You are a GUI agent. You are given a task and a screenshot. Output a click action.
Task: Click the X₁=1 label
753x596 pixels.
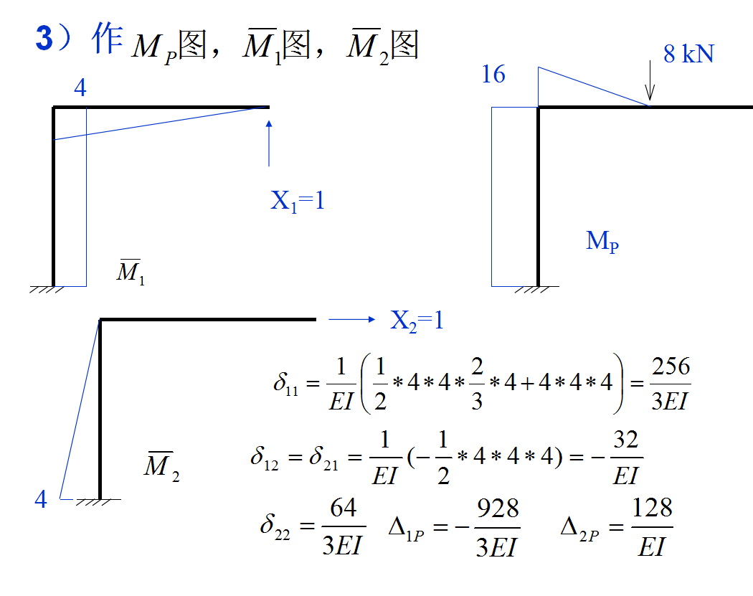click(x=298, y=201)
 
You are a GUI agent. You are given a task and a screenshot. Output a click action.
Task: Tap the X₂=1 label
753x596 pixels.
click(x=417, y=321)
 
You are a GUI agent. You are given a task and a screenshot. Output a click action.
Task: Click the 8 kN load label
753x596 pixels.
click(x=688, y=54)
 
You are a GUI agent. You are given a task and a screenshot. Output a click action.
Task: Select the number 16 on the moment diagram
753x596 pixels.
click(x=493, y=74)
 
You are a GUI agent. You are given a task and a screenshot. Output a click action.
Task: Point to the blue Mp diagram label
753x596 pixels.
click(x=602, y=241)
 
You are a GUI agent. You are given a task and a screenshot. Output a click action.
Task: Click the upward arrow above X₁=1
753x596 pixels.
click(x=269, y=143)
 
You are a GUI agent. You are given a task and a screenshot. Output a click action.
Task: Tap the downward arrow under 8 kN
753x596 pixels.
click(x=650, y=80)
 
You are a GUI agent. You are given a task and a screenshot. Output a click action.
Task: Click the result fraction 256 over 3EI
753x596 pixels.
click(x=670, y=384)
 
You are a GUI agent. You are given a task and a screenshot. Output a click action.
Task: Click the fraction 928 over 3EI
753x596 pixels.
click(x=497, y=528)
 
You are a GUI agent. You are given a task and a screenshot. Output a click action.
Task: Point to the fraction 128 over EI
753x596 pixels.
click(x=652, y=528)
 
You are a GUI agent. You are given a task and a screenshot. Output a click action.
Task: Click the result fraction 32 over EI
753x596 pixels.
click(x=625, y=458)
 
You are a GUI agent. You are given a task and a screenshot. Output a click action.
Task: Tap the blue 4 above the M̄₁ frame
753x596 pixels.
click(x=80, y=88)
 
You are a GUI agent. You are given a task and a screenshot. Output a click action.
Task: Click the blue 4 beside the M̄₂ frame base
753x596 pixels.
click(x=41, y=499)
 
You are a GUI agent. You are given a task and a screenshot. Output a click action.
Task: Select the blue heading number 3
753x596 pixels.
click(x=44, y=40)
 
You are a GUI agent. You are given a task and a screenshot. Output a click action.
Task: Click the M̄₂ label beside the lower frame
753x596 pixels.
click(x=161, y=467)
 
